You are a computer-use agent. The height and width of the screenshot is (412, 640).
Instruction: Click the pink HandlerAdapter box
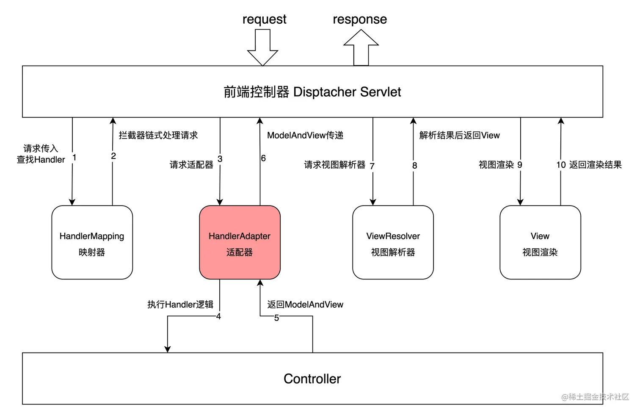click(x=240, y=242)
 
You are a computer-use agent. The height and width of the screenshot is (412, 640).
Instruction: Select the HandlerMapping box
click(x=92, y=242)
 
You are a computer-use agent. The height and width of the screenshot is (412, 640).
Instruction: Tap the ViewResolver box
click(x=393, y=242)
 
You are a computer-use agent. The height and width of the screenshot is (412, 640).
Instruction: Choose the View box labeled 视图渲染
click(x=540, y=242)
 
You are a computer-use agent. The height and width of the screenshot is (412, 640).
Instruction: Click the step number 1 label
click(x=75, y=158)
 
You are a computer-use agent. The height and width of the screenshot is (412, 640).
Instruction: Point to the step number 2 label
click(x=113, y=156)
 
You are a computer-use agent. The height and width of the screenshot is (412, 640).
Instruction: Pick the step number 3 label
click(x=220, y=159)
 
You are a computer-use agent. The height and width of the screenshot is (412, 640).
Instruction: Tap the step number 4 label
click(x=218, y=316)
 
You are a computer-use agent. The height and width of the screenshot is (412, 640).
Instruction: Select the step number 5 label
click(x=276, y=317)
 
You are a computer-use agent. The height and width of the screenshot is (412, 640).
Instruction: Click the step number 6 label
click(x=263, y=158)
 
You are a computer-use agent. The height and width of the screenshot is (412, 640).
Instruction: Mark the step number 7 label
click(x=372, y=166)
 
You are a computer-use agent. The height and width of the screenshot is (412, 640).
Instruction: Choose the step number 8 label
click(x=415, y=165)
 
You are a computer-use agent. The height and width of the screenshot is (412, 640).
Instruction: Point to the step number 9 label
click(x=520, y=165)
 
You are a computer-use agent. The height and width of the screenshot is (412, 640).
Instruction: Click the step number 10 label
click(x=561, y=164)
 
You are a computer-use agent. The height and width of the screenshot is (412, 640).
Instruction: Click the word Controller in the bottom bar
click(x=312, y=379)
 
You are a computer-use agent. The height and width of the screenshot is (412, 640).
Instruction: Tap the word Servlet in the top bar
click(x=381, y=92)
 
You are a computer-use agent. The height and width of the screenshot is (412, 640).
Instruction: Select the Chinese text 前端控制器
click(x=256, y=92)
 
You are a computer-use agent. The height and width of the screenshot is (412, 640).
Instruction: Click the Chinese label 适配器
click(x=240, y=252)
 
